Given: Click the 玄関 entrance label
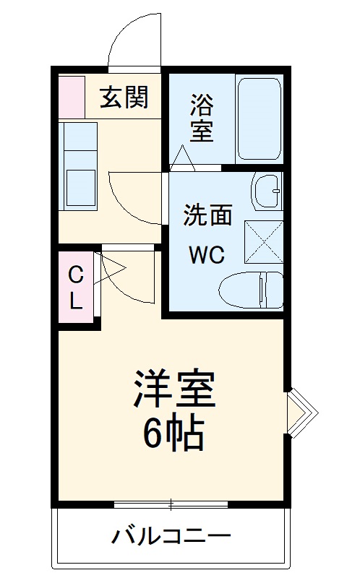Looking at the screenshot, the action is (124, 97).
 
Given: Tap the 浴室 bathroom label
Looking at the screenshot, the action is (202, 118).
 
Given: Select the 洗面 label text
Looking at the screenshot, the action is (208, 215).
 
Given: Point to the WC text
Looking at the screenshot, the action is (207, 254).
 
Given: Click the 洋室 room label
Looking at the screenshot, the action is (174, 388).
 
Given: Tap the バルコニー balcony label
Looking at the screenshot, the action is (171, 536).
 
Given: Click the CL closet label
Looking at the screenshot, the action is (76, 288).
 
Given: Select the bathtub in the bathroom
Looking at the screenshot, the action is (260, 118).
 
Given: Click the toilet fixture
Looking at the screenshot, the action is (251, 290).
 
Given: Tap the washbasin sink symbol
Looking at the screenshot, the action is (267, 191).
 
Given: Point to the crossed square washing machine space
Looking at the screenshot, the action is (264, 242).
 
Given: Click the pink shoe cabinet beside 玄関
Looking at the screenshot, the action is (72, 97).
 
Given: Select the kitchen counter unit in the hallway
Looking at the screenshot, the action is (78, 166).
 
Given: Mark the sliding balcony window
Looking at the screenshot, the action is (171, 504).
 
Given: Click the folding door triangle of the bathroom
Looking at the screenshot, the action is (183, 158).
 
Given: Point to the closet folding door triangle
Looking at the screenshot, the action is (109, 268).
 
